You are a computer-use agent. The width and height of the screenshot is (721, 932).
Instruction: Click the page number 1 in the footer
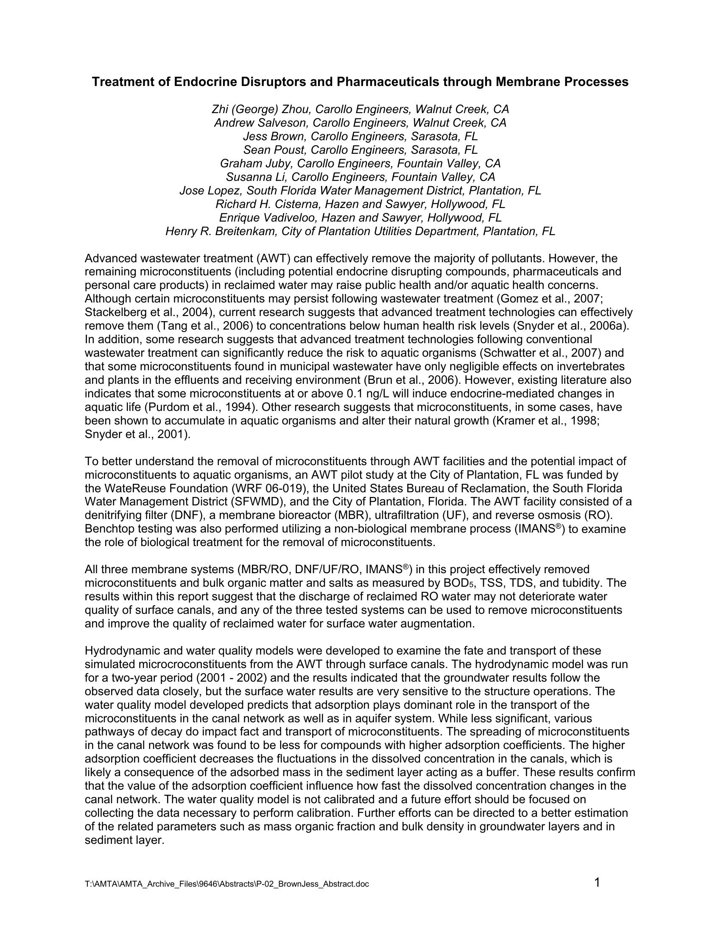pyautogui.click(x=597, y=882)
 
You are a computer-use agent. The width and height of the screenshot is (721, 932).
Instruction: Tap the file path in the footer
pyautogui.click(x=227, y=884)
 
